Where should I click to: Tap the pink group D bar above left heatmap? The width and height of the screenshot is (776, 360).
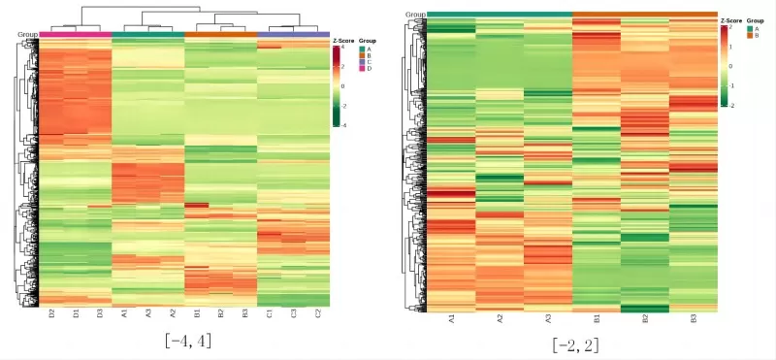coord(75,35)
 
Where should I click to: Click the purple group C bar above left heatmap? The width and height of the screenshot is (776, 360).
coord(293,35)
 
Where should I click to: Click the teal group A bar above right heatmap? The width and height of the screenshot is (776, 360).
coord(500,14)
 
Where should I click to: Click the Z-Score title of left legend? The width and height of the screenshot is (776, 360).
coord(343,41)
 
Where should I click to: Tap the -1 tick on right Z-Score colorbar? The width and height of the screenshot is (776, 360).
coord(731,85)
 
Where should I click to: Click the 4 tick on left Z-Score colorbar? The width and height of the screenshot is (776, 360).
coord(342,49)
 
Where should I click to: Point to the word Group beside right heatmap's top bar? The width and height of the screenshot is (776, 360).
coord(414,14)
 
